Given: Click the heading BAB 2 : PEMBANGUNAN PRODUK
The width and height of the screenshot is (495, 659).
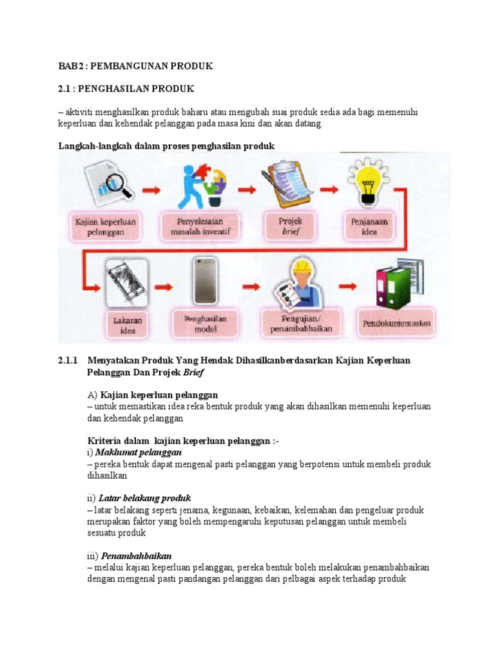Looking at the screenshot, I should (x=135, y=66).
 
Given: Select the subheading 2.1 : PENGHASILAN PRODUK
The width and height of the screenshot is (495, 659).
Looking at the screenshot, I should (x=126, y=88).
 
